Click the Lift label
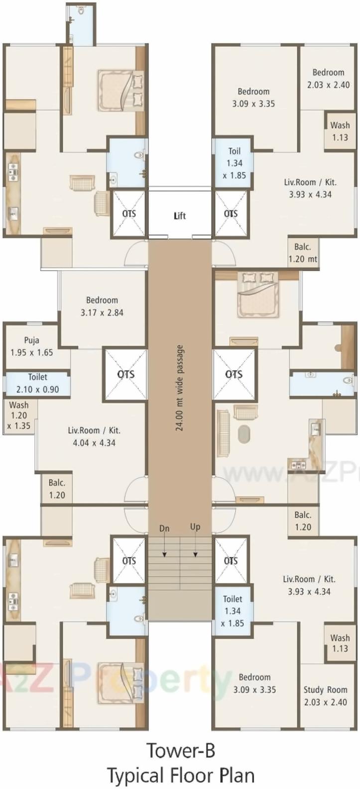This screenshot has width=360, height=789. (x=180, y=216)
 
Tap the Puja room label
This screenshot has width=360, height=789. (x=31, y=346)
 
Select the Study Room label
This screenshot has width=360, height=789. (x=325, y=695)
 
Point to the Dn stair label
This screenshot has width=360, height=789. (x=164, y=528)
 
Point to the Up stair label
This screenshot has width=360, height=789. (x=195, y=527)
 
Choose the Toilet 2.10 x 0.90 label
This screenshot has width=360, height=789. (x=37, y=384)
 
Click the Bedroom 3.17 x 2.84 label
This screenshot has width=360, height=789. (x=102, y=306)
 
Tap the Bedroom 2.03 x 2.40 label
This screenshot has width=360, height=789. (x=328, y=78)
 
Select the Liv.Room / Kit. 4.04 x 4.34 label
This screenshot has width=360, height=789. (x=94, y=436)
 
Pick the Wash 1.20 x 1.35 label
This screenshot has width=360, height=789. (x=19, y=415)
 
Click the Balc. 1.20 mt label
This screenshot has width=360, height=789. (x=303, y=253)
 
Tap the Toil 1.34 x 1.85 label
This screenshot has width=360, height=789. (x=234, y=163)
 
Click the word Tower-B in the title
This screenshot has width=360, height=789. (x=180, y=750)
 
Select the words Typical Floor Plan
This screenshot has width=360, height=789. (x=180, y=775)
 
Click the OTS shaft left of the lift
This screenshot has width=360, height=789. (x=129, y=214)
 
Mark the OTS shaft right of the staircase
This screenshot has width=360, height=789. (x=231, y=561)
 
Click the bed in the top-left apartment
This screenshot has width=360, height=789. (x=121, y=89)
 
